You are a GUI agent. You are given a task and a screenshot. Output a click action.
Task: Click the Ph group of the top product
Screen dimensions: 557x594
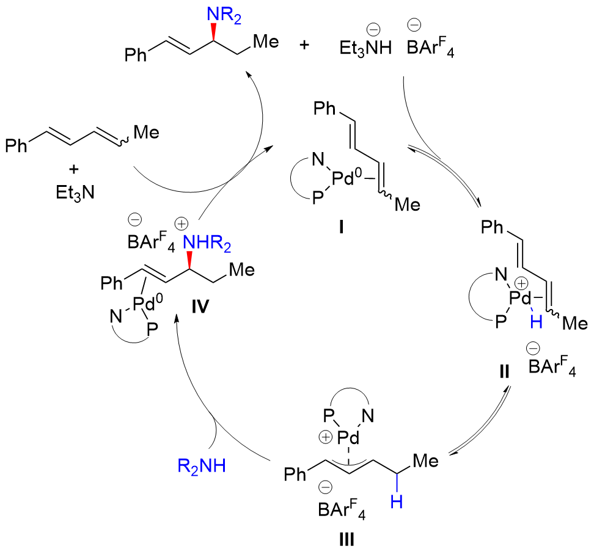[136, 57]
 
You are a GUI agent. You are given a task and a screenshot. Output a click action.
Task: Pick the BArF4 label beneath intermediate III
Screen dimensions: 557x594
[341, 509]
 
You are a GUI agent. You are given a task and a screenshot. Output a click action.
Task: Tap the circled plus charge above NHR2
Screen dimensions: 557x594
[182, 223]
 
